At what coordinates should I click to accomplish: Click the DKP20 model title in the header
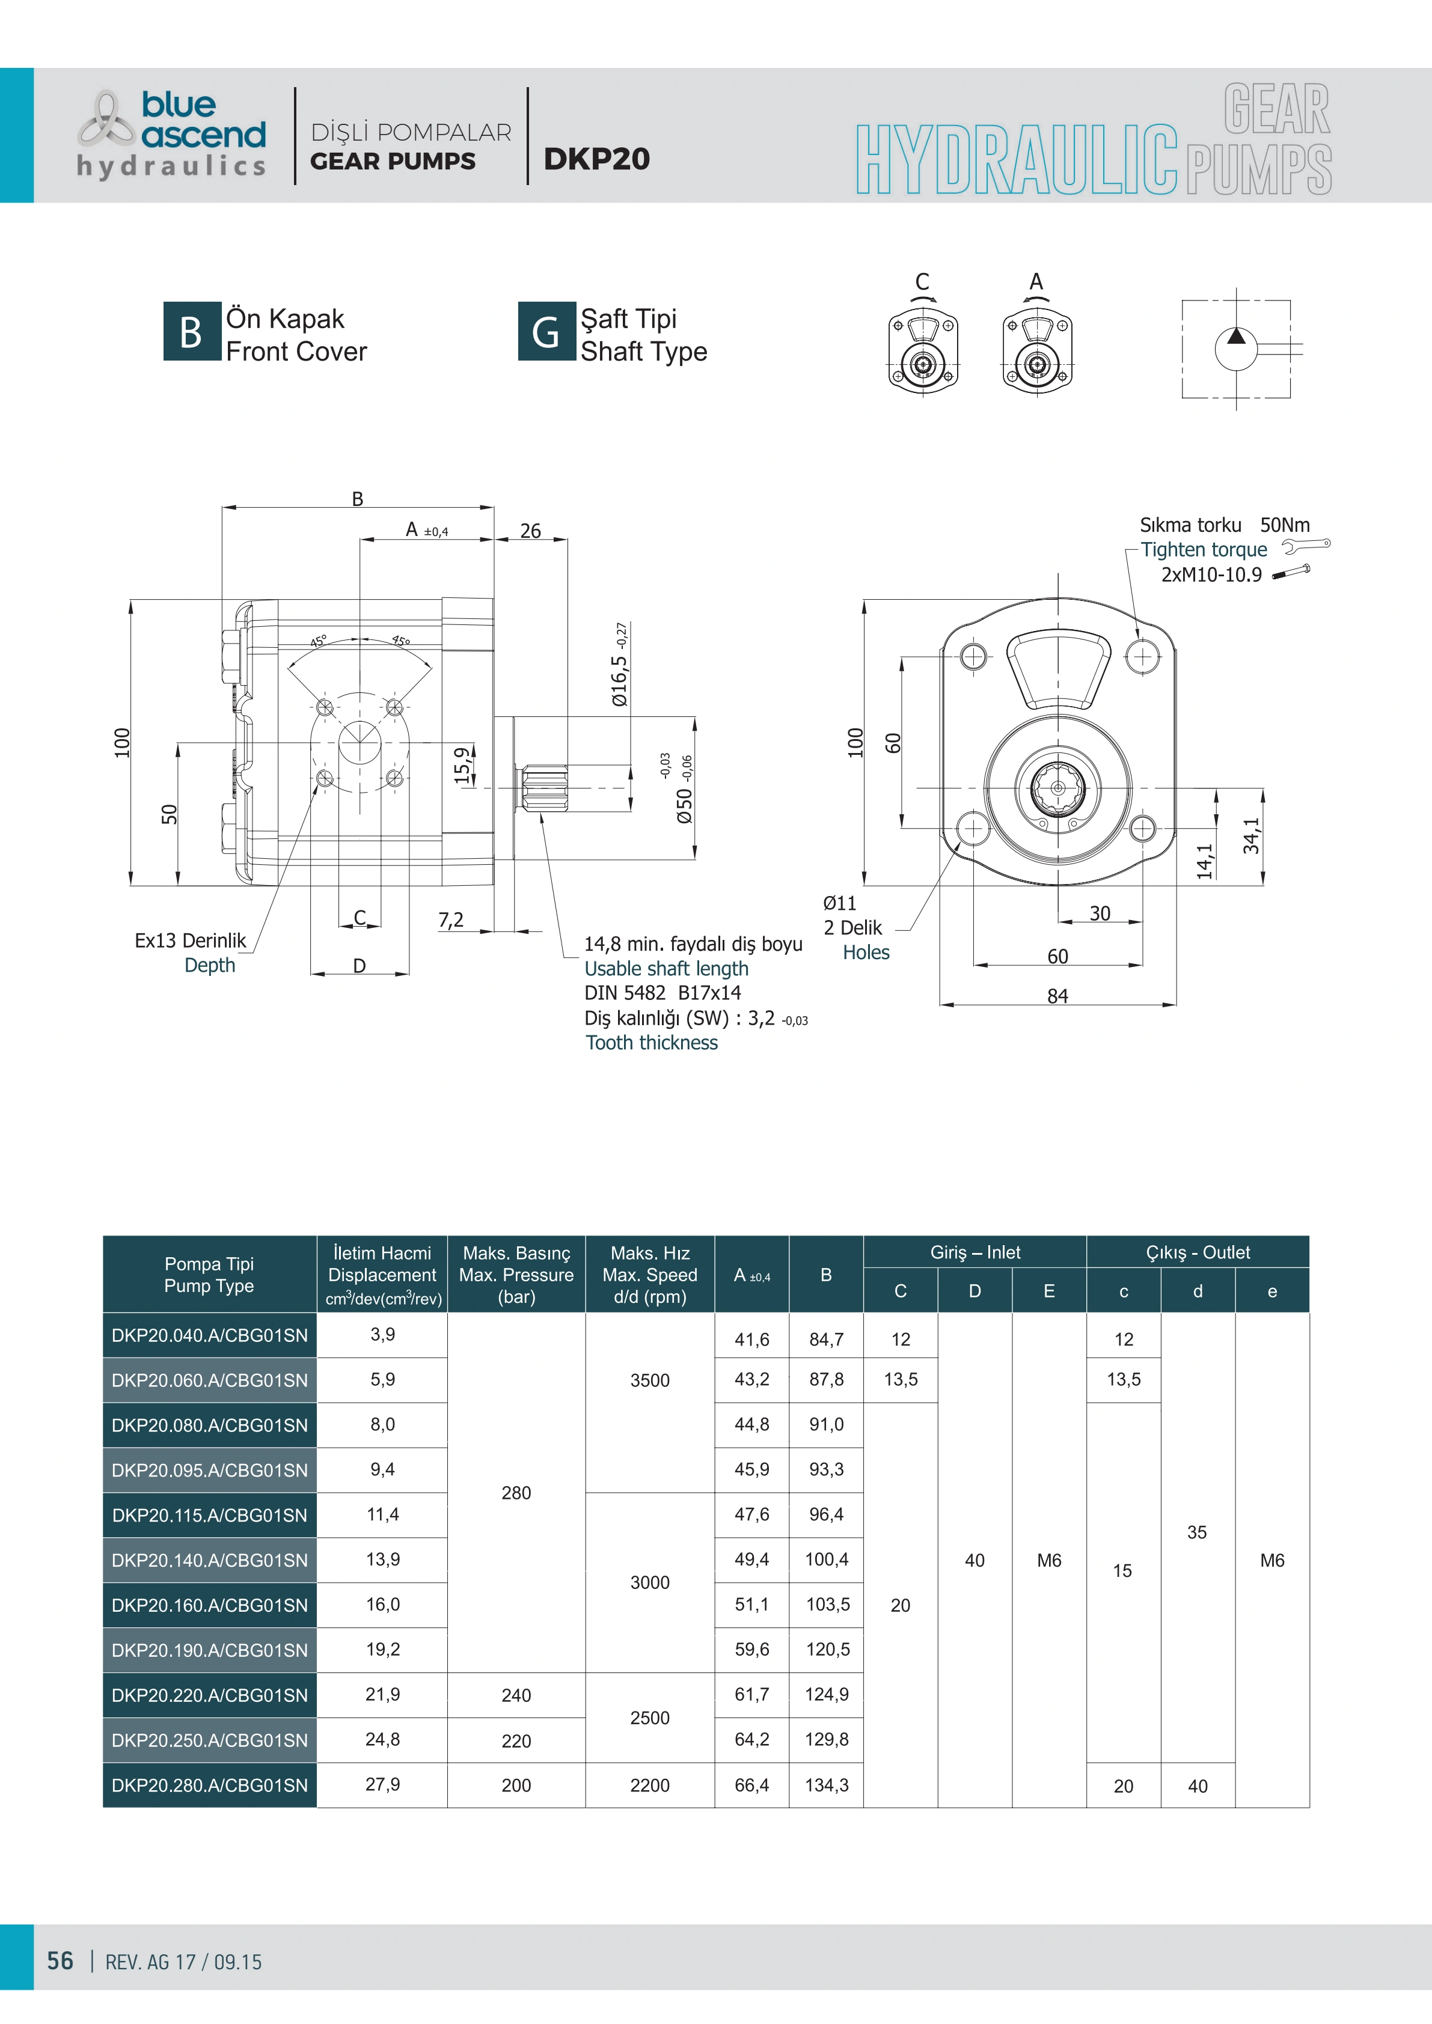click(x=597, y=159)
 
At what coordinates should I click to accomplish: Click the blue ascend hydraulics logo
click(x=171, y=134)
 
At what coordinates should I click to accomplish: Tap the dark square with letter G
click(x=546, y=332)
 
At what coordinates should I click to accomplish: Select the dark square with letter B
click(x=191, y=332)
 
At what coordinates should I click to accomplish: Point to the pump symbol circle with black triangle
click(x=1236, y=349)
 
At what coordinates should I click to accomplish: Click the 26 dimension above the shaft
click(x=530, y=531)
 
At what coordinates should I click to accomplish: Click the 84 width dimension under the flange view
click(x=1057, y=996)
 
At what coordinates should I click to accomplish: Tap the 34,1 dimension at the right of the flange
click(x=1251, y=836)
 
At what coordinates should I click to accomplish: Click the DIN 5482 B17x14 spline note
click(x=662, y=993)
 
